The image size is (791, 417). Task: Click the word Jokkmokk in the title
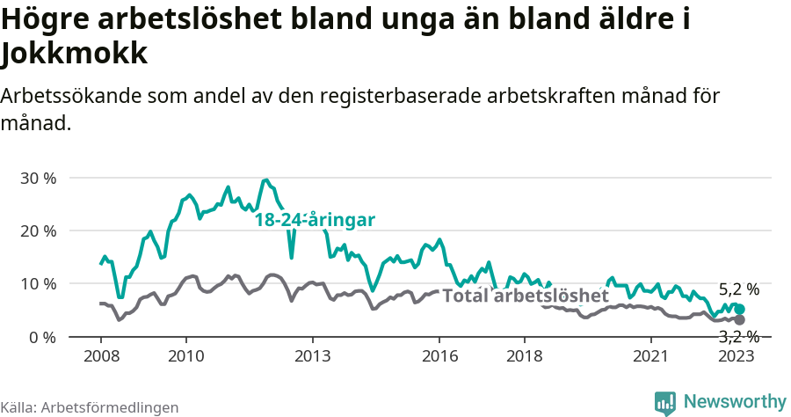(74, 55)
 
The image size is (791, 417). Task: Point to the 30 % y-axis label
(37, 178)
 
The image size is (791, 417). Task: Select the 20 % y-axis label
(37, 230)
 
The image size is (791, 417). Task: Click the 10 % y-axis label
(37, 284)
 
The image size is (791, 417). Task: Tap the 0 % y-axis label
(40, 337)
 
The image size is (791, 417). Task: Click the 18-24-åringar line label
(315, 220)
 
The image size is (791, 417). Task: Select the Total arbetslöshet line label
(525, 296)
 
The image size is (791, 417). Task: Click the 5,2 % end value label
(738, 289)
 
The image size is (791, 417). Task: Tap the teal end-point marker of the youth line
(740, 310)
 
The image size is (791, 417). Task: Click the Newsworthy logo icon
(665, 403)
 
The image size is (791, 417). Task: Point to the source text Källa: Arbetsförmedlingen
(90, 407)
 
